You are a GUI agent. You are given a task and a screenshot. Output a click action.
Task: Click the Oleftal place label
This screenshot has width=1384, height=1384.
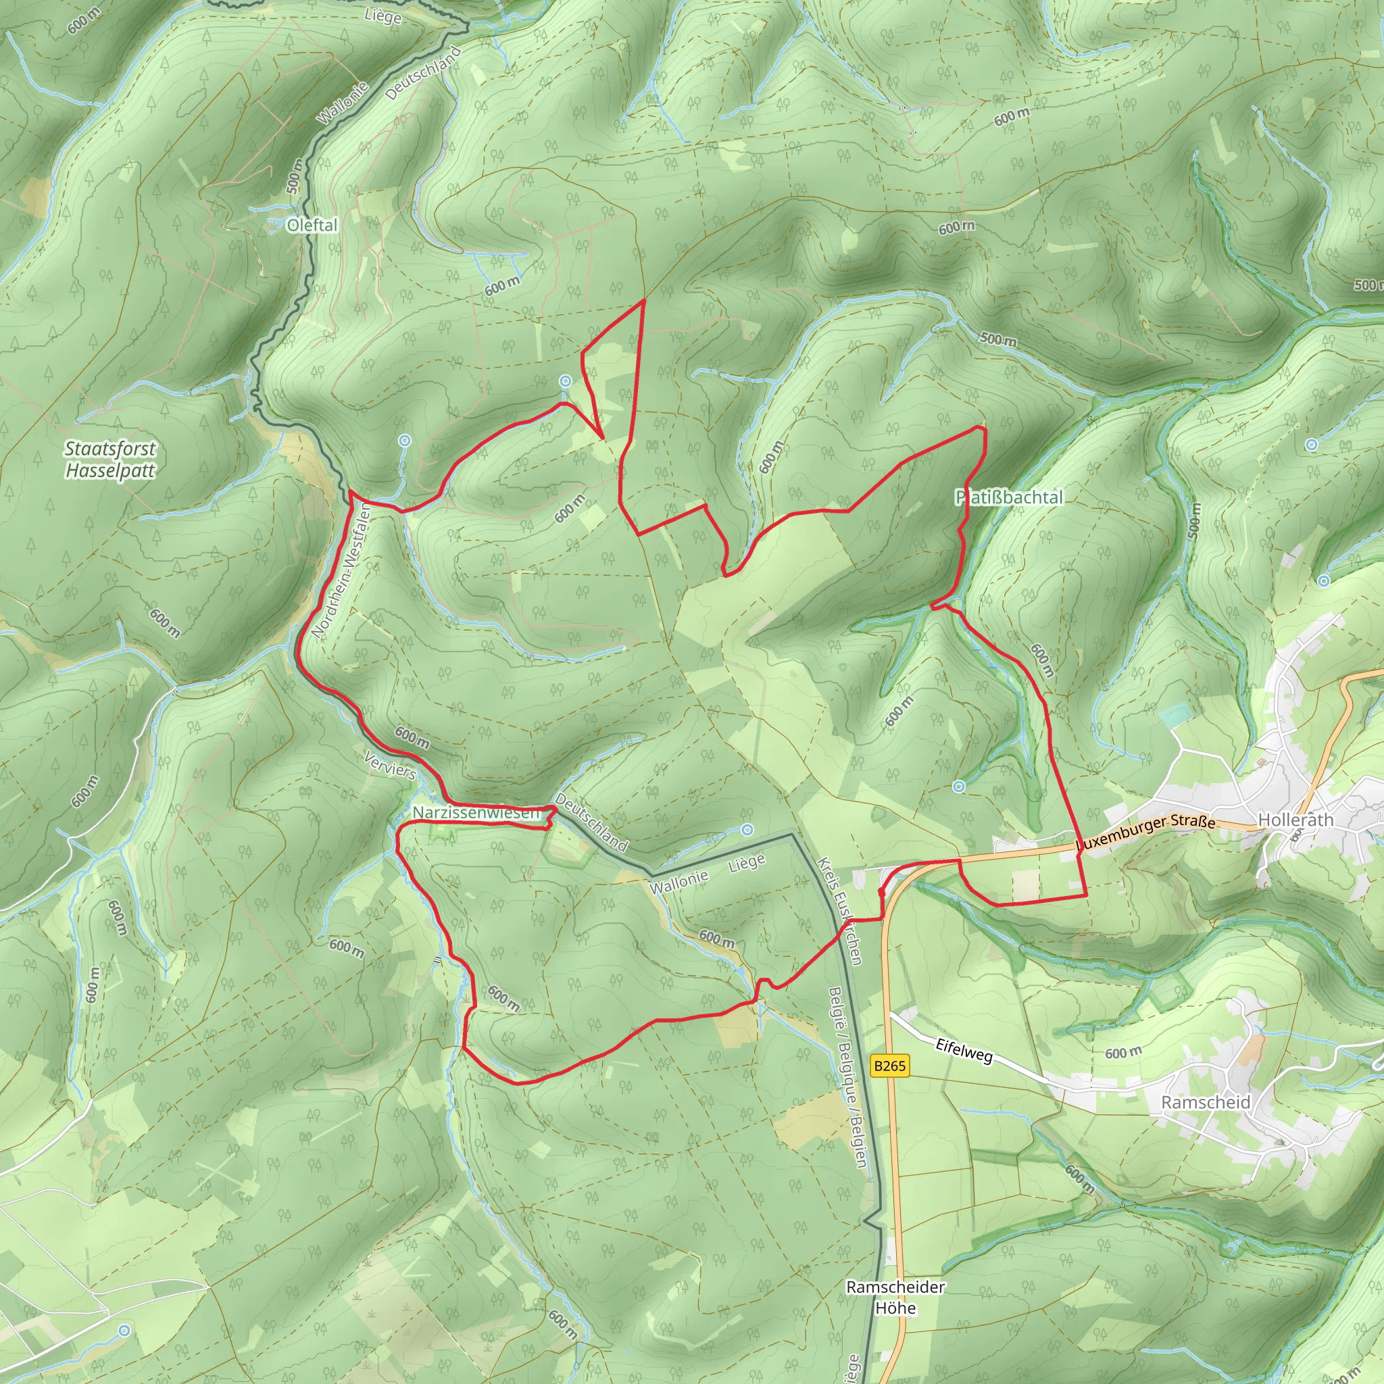pyautogui.click(x=312, y=225)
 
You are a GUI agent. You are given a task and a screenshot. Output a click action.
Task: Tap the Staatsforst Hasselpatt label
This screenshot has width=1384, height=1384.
pyautogui.click(x=109, y=459)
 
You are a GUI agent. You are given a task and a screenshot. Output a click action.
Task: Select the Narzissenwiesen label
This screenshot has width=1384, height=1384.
pyautogui.click(x=476, y=813)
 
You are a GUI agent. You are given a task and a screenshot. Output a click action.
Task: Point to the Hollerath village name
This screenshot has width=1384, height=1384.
pyautogui.click(x=1296, y=820)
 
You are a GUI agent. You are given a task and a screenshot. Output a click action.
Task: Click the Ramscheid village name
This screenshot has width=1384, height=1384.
pyautogui.click(x=1206, y=1102)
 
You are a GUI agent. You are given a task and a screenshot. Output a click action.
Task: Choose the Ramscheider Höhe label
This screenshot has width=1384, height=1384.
pyautogui.click(x=895, y=1297)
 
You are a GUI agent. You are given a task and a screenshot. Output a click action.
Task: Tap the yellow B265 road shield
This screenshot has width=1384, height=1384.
pyautogui.click(x=890, y=1066)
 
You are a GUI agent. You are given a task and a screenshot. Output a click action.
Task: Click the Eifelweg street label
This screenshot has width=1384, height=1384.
pyautogui.click(x=964, y=1051)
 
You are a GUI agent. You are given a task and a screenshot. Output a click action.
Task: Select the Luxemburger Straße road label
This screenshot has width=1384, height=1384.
pyautogui.click(x=1147, y=833)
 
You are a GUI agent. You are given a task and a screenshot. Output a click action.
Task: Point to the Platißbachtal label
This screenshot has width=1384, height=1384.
pyautogui.click(x=1010, y=497)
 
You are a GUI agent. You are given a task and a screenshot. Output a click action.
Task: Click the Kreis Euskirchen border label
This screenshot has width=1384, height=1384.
pyautogui.click(x=839, y=910)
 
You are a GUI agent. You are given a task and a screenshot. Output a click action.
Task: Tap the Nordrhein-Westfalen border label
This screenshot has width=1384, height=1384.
pyautogui.click(x=341, y=570)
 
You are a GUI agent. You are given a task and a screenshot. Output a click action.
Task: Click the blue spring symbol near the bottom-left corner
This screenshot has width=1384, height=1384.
pyautogui.click(x=124, y=1330)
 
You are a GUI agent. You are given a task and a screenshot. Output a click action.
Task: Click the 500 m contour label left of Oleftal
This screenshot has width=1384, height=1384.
pyautogui.click(x=295, y=176)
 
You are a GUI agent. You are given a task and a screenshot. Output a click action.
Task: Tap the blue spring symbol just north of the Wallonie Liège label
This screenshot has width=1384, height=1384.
pyautogui.click(x=747, y=830)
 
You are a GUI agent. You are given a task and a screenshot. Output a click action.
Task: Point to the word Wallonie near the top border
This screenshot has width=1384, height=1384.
pyautogui.click(x=343, y=103)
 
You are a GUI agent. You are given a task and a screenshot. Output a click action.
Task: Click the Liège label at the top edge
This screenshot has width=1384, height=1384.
pyautogui.click(x=382, y=16)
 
